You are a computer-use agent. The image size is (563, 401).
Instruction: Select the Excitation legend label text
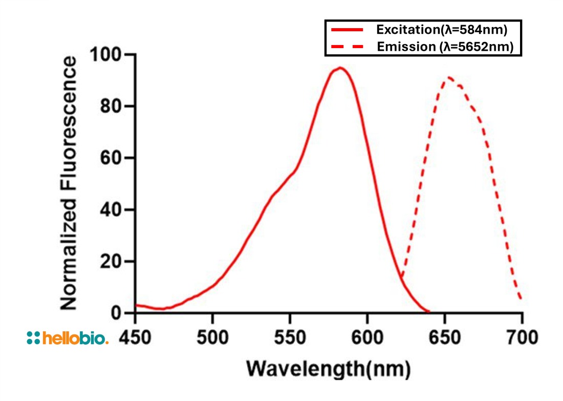442,30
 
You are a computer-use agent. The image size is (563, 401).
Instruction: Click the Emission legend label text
445,47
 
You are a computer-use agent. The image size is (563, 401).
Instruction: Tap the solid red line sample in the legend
348,30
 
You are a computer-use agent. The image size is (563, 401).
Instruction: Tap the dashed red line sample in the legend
348,47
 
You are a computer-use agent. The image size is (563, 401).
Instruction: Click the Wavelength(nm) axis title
328,368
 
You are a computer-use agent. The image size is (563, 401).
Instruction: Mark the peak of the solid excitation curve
339,68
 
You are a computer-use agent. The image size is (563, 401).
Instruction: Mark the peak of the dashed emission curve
449,77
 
